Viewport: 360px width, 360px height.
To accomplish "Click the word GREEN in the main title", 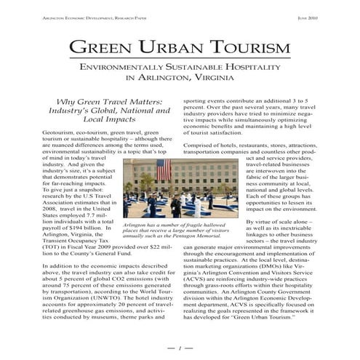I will click(105, 48).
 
